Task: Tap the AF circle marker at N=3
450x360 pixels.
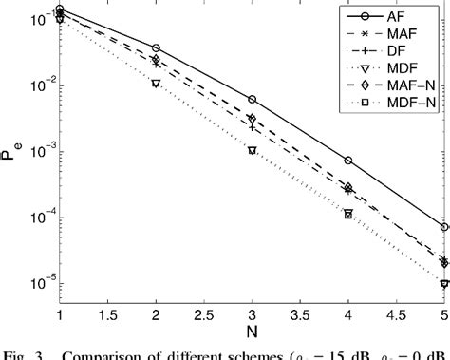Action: [x=252, y=99]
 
